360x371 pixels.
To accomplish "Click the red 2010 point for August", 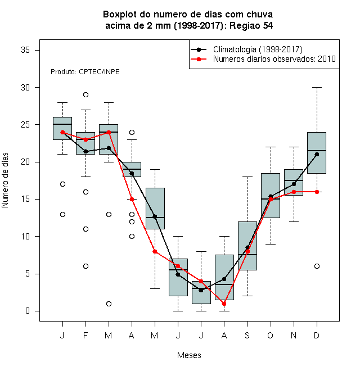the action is [x=224, y=304].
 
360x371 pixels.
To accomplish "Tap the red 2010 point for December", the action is [x=317, y=192].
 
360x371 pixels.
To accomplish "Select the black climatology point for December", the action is [x=317, y=154].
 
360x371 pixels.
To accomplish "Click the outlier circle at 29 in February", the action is [x=85, y=94].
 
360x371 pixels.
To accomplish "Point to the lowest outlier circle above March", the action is [x=109, y=304].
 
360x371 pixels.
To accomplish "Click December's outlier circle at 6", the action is [x=317, y=266].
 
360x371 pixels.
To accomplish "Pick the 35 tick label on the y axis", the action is [x=25, y=50].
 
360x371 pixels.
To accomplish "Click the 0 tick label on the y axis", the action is [x=28, y=311].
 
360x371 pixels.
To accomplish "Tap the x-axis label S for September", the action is [x=247, y=335].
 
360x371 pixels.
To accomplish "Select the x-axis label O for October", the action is [x=270, y=335].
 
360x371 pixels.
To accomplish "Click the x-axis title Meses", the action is [x=189, y=355].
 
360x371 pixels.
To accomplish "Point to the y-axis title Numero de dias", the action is [x=5, y=180].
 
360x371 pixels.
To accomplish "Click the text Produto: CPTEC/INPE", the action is [x=85, y=72].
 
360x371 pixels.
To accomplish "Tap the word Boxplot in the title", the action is [x=120, y=15].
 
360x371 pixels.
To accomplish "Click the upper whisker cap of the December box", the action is [x=317, y=87].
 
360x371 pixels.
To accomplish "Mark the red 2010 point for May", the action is [x=155, y=251].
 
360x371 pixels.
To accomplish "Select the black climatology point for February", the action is [x=85, y=151].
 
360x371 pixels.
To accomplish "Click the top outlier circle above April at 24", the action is [x=132, y=132].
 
